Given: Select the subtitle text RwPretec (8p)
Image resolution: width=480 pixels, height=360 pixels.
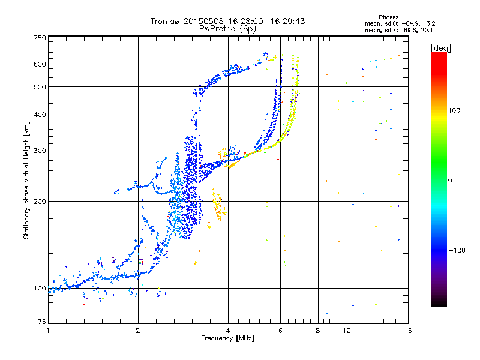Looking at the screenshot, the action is [x=227, y=29].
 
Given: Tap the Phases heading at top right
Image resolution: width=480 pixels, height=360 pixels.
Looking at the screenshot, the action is [x=388, y=17].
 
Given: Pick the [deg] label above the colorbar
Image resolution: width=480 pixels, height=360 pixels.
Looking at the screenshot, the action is [x=440, y=48].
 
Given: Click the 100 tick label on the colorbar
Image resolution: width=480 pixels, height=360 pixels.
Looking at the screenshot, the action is [x=454, y=110].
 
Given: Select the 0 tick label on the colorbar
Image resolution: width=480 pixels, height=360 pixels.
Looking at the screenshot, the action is [x=449, y=180].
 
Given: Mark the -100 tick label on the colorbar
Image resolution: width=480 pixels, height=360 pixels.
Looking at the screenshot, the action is [x=457, y=250].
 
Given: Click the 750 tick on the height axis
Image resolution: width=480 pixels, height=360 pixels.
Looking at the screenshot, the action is [x=40, y=38].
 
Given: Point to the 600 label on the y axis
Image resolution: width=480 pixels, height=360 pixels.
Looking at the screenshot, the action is [x=40, y=64].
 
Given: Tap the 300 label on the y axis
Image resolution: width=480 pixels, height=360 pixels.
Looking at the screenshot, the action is [x=40, y=151].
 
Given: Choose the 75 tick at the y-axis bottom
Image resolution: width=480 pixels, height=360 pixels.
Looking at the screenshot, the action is [x=42, y=322].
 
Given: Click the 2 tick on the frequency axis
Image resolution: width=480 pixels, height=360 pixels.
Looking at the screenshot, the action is [x=138, y=331].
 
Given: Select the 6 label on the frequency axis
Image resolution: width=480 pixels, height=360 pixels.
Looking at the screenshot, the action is [x=280, y=331].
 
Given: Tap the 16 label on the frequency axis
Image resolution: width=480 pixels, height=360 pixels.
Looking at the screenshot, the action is [x=408, y=331].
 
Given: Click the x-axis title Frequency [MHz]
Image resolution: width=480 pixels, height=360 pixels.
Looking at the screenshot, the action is [x=227, y=338].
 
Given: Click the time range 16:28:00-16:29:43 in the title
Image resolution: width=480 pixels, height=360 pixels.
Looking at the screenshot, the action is [x=266, y=21].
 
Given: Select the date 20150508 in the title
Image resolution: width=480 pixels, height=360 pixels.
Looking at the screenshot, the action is [x=203, y=21].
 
